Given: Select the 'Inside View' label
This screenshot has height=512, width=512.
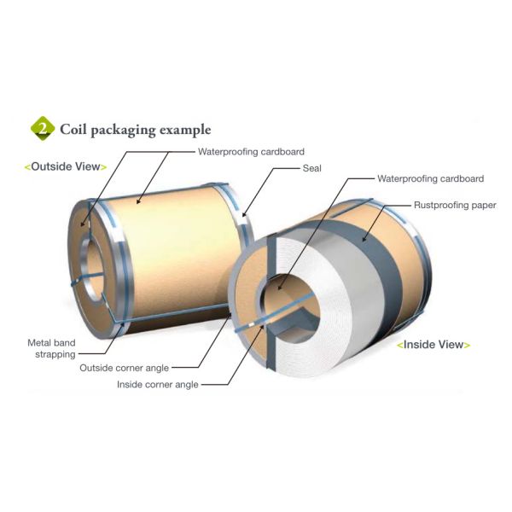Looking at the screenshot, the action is tap(433, 345).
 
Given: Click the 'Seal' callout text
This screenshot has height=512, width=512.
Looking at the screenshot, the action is tap(311, 168).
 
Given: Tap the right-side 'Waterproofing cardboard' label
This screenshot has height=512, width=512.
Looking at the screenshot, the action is tap(430, 179).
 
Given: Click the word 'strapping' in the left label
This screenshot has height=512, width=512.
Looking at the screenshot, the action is tap(52, 354).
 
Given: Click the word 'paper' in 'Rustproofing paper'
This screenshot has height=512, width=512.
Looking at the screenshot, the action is tap(482, 206).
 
